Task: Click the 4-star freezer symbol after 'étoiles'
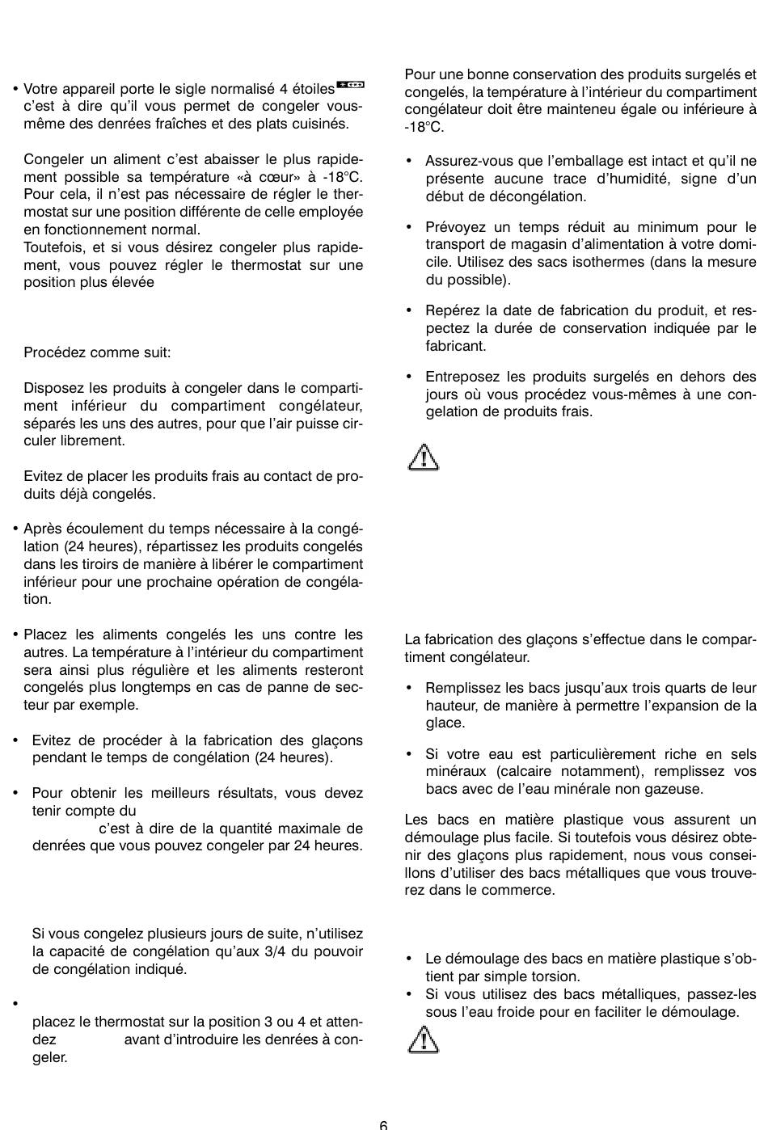[350, 83]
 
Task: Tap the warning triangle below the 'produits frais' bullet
[423, 457]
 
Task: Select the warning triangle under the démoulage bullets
[423, 1039]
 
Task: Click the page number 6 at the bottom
[383, 1124]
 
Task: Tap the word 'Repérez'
[452, 310]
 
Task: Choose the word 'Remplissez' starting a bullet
[463, 688]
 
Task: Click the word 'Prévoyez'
[455, 227]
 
